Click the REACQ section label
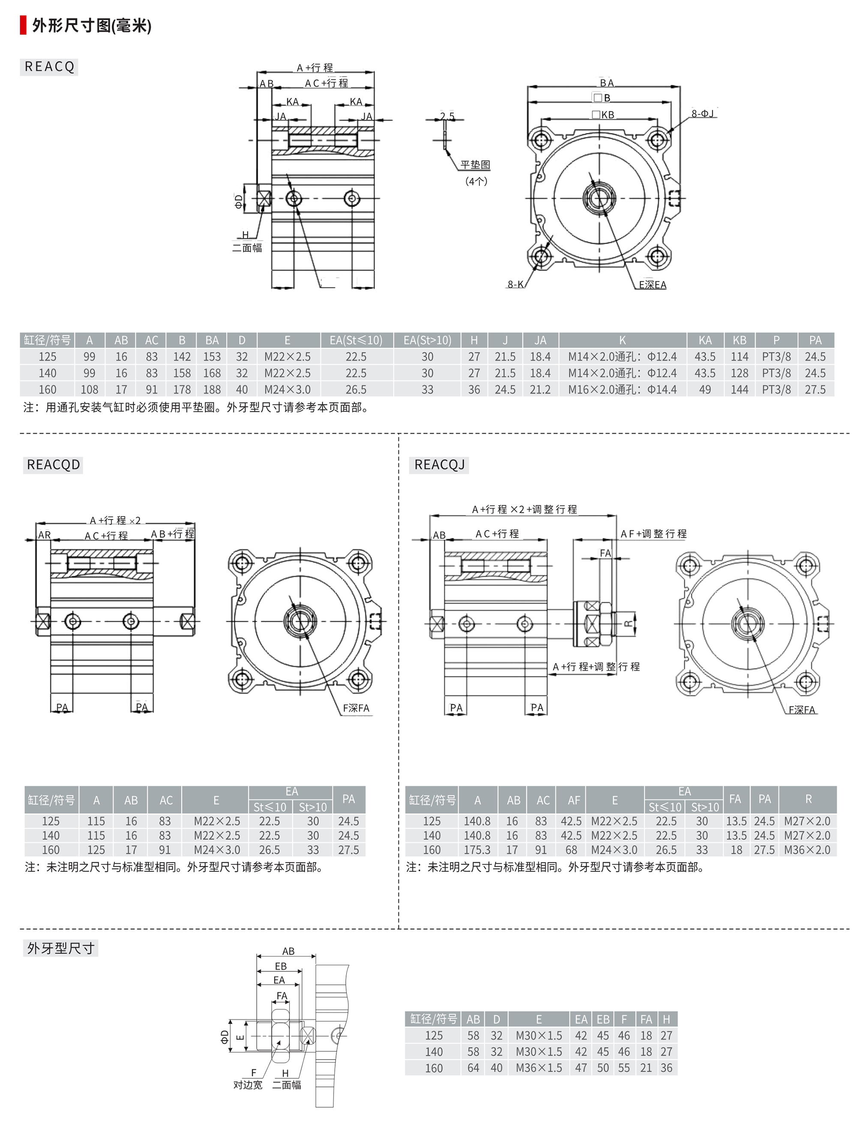click(49, 67)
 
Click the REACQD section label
click(54, 464)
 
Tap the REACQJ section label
click(439, 464)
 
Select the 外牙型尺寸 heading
click(61, 948)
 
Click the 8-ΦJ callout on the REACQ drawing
click(702, 113)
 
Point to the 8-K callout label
click(515, 284)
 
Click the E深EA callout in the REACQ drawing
click(653, 284)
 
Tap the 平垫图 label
click(475, 165)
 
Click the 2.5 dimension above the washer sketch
click(447, 116)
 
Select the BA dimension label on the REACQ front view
click(606, 83)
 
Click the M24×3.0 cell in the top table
click(287, 389)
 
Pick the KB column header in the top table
click(739, 340)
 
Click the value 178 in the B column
click(182, 389)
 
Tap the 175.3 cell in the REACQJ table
click(477, 850)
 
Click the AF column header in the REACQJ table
click(574, 800)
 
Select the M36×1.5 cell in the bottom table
click(539, 1067)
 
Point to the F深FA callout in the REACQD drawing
click(356, 708)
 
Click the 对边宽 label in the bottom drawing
click(248, 1085)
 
